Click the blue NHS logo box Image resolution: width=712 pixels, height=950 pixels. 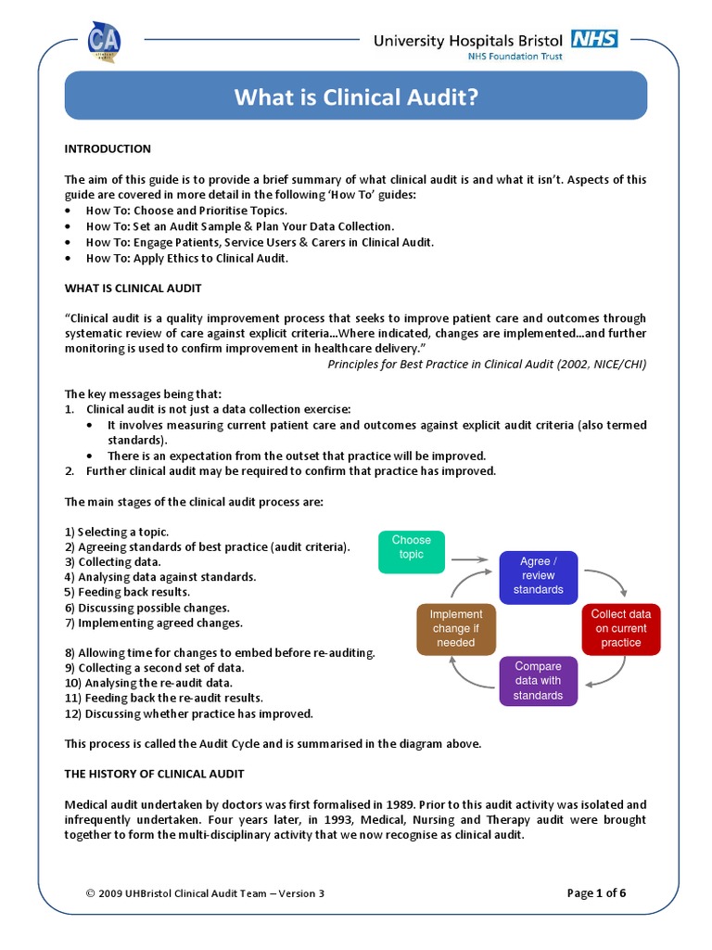coord(594,39)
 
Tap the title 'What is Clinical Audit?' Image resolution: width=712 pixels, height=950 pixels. coord(355,97)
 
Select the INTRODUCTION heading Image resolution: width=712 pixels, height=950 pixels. coord(108,148)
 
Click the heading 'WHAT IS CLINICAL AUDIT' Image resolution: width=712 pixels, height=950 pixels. coord(133,288)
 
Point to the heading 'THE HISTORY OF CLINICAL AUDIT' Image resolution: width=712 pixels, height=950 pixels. coord(154,773)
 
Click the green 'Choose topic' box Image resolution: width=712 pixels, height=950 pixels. coord(412,552)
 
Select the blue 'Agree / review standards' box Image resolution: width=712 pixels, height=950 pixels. coord(539,575)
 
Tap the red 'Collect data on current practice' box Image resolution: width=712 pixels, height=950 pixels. coord(620,628)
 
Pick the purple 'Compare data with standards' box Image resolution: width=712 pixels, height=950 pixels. coord(539,681)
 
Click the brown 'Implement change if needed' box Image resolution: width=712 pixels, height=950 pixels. coord(455,628)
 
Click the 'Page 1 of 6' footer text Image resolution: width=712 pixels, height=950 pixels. coord(596,893)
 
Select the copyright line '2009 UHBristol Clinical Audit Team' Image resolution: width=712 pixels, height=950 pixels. coord(205,893)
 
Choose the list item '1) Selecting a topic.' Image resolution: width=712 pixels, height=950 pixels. coord(117,532)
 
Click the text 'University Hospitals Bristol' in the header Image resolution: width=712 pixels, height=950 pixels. coord(468,40)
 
